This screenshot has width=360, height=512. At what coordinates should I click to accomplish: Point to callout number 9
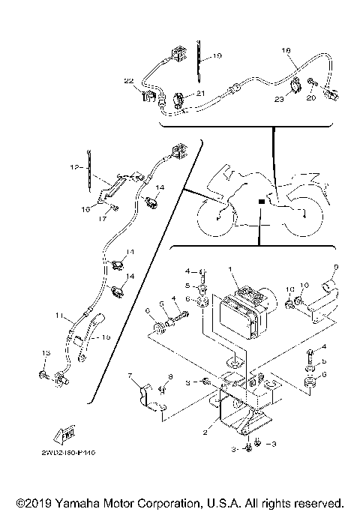(x=336, y=268)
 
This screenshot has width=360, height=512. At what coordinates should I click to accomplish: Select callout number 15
(x=106, y=338)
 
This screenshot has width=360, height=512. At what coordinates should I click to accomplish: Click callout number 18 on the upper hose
(x=285, y=50)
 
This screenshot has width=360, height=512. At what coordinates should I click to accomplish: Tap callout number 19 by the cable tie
(x=216, y=56)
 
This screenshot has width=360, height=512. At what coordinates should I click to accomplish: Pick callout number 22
(x=128, y=80)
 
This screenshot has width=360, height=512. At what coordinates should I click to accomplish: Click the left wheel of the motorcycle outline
(x=214, y=218)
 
